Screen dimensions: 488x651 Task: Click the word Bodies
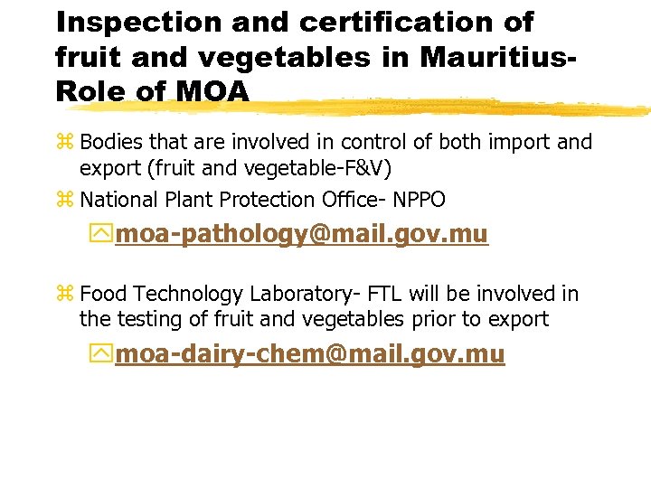110,143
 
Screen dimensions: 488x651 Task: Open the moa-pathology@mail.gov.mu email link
302,235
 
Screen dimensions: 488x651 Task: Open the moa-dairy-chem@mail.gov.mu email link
310,354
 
